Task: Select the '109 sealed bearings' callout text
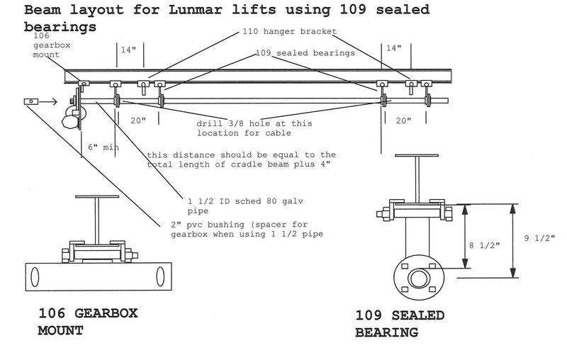pos(295,52)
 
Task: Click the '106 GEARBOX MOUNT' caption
pos(87,320)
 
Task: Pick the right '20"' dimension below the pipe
pos(403,120)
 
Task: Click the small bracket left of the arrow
pos(30,102)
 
